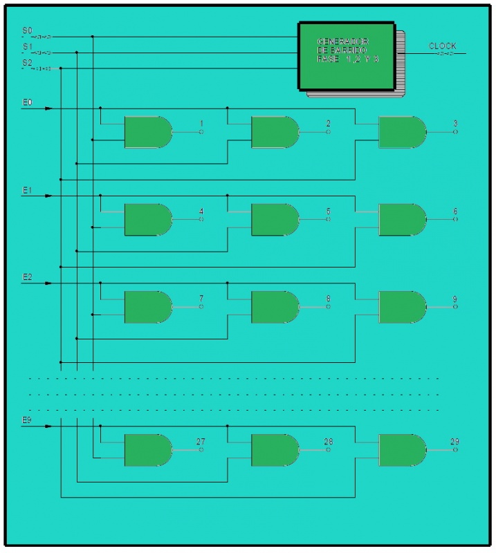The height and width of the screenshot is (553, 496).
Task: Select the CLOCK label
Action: pyautogui.click(x=443, y=46)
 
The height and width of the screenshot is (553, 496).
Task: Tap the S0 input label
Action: pyautogui.click(x=27, y=31)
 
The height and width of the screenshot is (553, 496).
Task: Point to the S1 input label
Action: pyautogui.click(x=27, y=47)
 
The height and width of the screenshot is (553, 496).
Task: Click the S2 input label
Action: pyautogui.click(x=27, y=63)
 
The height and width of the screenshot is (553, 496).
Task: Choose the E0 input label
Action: pyautogui.click(x=27, y=102)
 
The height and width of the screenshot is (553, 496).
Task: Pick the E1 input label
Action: pyautogui.click(x=27, y=189)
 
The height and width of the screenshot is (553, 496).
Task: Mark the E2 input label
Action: pyautogui.click(x=27, y=276)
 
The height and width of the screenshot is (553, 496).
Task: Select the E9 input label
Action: pyautogui.click(x=27, y=420)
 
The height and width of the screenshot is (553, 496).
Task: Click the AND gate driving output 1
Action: pyautogui.click(x=147, y=132)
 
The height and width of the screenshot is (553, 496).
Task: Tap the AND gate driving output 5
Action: pyautogui.click(x=275, y=219)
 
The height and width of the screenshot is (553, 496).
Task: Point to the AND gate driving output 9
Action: pyautogui.click(x=402, y=307)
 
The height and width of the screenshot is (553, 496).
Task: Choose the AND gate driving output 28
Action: pyautogui.click(x=275, y=450)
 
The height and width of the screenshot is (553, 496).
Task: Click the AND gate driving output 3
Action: pyautogui.click(x=402, y=132)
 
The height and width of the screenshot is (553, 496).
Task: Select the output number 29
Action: pyautogui.click(x=454, y=442)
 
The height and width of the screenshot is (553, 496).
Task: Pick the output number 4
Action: pyautogui.click(x=201, y=211)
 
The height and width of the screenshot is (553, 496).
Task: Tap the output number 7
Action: pyautogui.click(x=201, y=299)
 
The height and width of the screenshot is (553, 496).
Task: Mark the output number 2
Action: pyautogui.click(x=329, y=124)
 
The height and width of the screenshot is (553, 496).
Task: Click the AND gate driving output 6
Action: pyautogui.click(x=402, y=219)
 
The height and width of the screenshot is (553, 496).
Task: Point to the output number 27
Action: pyautogui.click(x=201, y=442)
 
